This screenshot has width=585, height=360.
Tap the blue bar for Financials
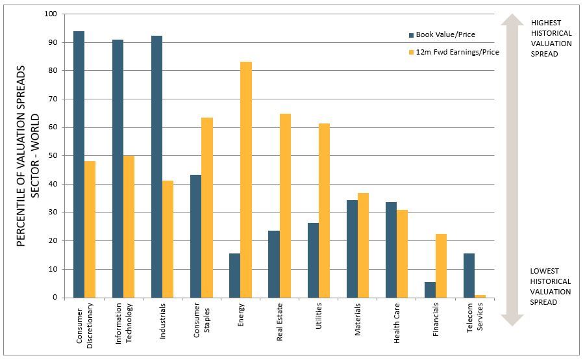[x=430, y=290]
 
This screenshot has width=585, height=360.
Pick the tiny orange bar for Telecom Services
[x=480, y=296]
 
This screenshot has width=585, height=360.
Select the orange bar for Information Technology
[x=129, y=227]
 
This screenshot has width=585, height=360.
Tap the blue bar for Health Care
[x=391, y=250]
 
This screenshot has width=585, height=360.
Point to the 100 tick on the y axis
[x=51, y=14]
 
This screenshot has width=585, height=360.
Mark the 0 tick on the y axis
[x=55, y=298]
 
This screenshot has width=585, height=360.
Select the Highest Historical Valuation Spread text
[x=551, y=38]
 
